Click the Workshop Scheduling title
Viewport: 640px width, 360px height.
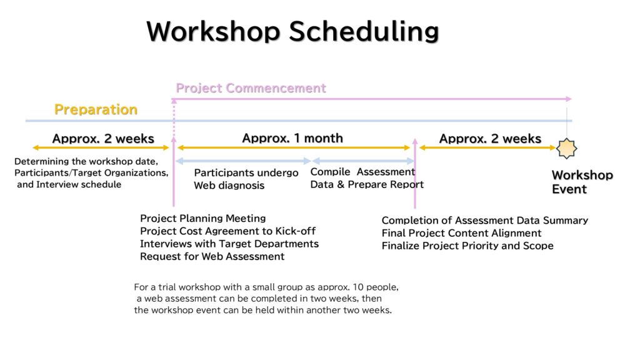[x=292, y=31]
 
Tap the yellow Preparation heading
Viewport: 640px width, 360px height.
[x=96, y=109]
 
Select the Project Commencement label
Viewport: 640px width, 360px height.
[x=251, y=88]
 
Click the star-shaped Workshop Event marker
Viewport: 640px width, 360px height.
[x=566, y=148]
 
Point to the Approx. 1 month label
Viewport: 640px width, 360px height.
[x=292, y=138]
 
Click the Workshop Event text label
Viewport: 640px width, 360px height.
[x=582, y=182]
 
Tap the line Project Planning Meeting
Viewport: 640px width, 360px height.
[x=203, y=218]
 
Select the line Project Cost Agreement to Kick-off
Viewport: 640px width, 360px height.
[x=227, y=231]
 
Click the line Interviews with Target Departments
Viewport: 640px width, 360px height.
[x=229, y=244]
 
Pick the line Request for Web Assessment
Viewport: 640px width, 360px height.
[x=212, y=256]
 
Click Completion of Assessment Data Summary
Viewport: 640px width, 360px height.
[x=485, y=221]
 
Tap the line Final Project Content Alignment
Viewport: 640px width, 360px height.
[x=462, y=233]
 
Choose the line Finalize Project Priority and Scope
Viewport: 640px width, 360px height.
[x=467, y=246]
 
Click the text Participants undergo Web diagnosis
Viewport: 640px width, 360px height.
[x=246, y=179]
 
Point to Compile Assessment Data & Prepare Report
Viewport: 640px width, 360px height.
[x=367, y=178]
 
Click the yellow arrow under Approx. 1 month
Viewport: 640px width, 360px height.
[x=294, y=147]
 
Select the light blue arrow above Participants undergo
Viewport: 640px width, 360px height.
[x=244, y=161]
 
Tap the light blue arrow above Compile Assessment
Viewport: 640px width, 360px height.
[x=364, y=161]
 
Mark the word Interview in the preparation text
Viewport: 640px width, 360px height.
[x=56, y=184]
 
